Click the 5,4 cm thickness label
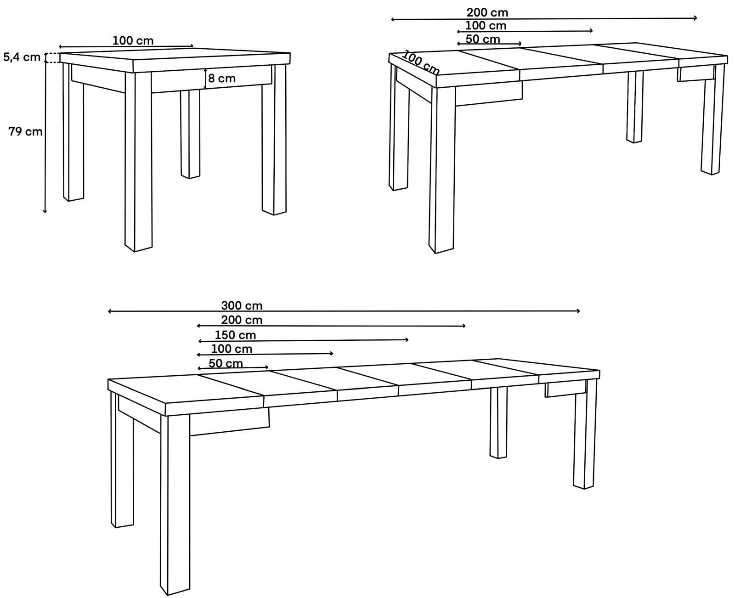pyautogui.click(x=22, y=57)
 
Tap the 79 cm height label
pyautogui.click(x=25, y=131)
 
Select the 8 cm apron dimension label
pyautogui.click(x=222, y=79)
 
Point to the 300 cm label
pyautogui.click(x=242, y=306)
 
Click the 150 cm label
pyautogui.click(x=235, y=335)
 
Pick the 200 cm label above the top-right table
pyautogui.click(x=487, y=13)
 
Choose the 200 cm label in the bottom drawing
pyautogui.click(x=242, y=320)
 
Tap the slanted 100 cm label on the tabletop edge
pyautogui.click(x=421, y=62)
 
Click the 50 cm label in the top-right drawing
pyautogui.click(x=483, y=39)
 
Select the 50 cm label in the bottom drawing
pyautogui.click(x=226, y=364)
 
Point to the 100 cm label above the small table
pyautogui.click(x=133, y=41)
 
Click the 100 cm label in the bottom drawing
pyautogui.click(x=232, y=349)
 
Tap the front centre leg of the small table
pyautogui.click(x=138, y=162)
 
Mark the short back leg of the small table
pyautogui.click(x=190, y=134)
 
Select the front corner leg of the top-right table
pyautogui.click(x=442, y=170)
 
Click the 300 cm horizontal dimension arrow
pyautogui.click(x=344, y=311)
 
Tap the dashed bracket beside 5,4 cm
pyautogui.click(x=52, y=57)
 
